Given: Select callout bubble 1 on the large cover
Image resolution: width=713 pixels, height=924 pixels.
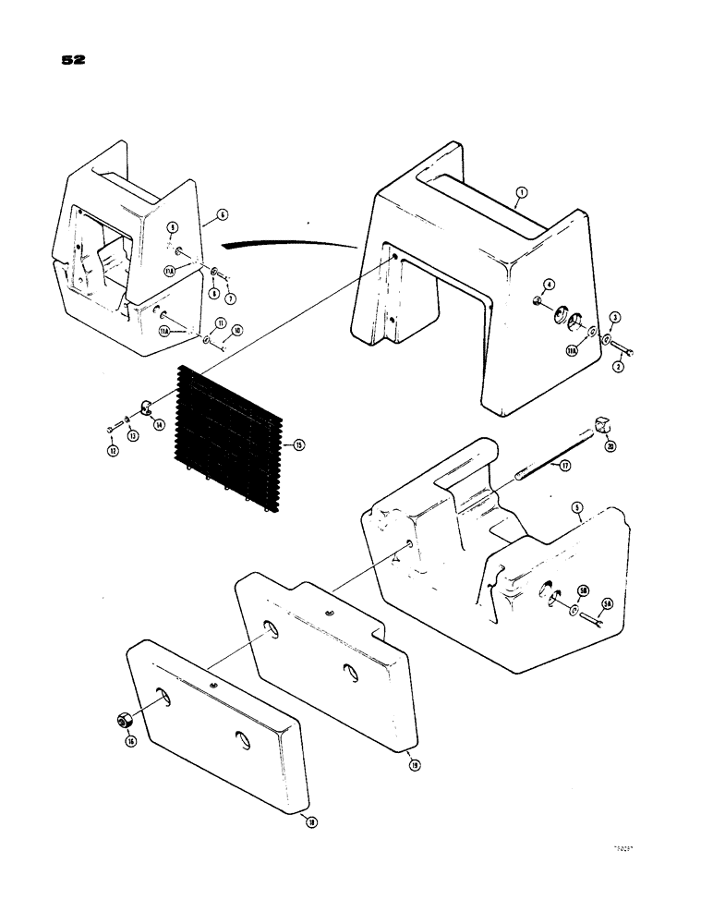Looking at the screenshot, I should pos(521,192).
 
